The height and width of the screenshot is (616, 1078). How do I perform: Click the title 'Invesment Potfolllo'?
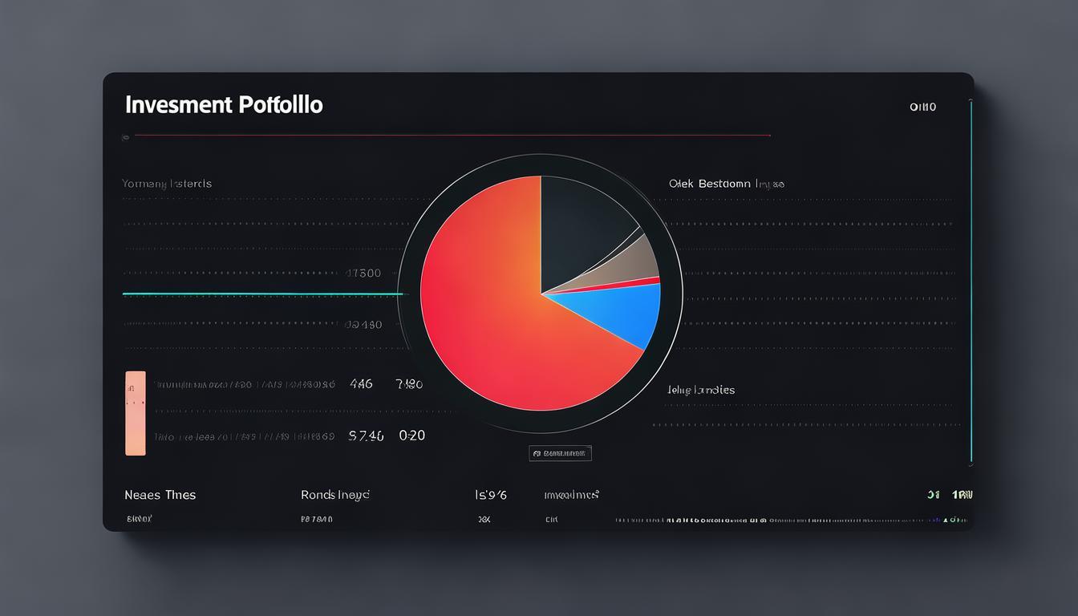coord(224,105)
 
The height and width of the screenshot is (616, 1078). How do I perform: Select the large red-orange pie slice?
coord(489,313)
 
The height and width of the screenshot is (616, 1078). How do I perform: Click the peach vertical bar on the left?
coord(136,413)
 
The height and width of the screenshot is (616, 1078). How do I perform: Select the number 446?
coord(361,384)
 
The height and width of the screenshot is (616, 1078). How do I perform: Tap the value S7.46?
coord(366,436)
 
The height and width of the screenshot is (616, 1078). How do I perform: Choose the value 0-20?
coord(411,436)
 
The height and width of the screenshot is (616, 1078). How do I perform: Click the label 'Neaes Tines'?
coord(160,495)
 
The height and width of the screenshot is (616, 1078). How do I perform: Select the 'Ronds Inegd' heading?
coord(334,495)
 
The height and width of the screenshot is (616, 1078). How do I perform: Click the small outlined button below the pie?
coord(560,453)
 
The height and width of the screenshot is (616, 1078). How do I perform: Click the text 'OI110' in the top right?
coord(922,107)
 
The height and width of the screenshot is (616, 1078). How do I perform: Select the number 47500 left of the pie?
coord(363,273)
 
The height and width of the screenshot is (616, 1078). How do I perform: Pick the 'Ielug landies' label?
coord(700,390)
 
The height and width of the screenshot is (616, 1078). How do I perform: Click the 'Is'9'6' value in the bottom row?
coord(491,495)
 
